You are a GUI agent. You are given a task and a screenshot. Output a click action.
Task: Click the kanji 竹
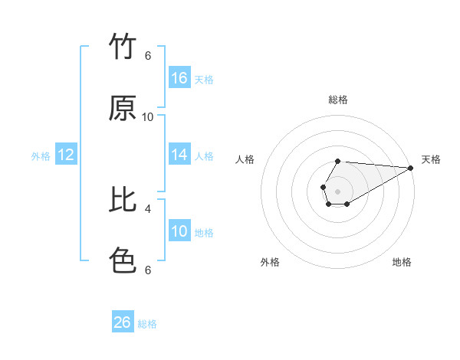(123, 47)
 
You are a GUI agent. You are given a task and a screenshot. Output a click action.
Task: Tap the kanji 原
(123, 109)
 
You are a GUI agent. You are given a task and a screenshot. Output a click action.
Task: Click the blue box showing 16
(179, 78)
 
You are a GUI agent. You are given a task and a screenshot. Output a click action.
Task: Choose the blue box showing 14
(179, 155)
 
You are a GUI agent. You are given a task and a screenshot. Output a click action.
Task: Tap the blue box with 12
(66, 155)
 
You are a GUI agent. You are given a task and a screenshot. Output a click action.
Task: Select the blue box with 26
(123, 322)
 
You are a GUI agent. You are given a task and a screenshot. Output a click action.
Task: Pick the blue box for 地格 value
(179, 231)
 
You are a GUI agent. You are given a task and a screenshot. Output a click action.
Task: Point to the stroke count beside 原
(148, 116)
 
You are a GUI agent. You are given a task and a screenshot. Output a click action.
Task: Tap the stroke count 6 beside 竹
(148, 56)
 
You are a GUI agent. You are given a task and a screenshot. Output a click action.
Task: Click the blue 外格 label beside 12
(41, 156)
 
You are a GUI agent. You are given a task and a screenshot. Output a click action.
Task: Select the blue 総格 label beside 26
(147, 324)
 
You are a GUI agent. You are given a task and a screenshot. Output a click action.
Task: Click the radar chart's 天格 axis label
(431, 159)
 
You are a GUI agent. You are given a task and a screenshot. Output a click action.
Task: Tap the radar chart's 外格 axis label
(270, 262)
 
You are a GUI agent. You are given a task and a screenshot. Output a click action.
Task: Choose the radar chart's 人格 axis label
(245, 159)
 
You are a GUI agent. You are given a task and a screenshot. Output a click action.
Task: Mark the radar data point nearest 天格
(410, 168)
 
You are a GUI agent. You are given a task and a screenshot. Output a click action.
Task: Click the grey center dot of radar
(337, 191)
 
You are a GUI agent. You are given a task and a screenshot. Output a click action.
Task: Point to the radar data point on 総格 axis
(337, 161)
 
